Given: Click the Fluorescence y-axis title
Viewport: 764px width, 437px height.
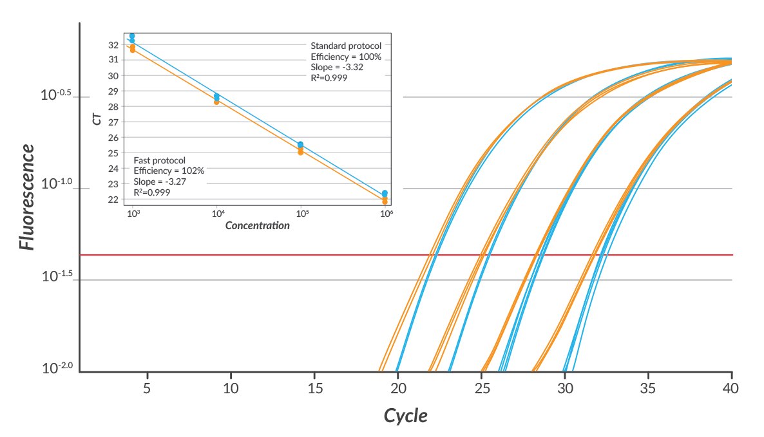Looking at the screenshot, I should coord(27,197).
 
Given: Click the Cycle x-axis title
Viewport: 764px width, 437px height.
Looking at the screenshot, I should coord(405,416).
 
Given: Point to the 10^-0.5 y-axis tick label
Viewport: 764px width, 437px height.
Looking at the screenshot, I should coord(56,95).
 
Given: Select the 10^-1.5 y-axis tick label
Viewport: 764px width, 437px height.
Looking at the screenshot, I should coord(56,277).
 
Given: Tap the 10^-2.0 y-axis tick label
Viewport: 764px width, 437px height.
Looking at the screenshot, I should coord(56,369).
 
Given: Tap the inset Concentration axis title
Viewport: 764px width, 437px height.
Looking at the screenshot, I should coord(257,226).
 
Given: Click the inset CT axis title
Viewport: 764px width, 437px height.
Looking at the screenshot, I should coord(97,119).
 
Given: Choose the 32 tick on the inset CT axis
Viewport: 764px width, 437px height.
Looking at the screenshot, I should coord(113,45).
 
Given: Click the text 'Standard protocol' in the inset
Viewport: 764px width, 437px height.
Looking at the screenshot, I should coord(346,46).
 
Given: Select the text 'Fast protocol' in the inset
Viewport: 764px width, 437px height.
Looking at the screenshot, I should coord(159,160).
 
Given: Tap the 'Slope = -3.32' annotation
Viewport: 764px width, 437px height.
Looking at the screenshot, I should coord(334,67).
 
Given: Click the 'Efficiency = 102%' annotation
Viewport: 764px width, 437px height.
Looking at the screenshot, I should coord(169,171).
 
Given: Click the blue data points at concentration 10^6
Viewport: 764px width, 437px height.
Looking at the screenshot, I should coord(385,193).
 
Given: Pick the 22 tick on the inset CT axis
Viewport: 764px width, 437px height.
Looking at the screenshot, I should coord(113,200).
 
